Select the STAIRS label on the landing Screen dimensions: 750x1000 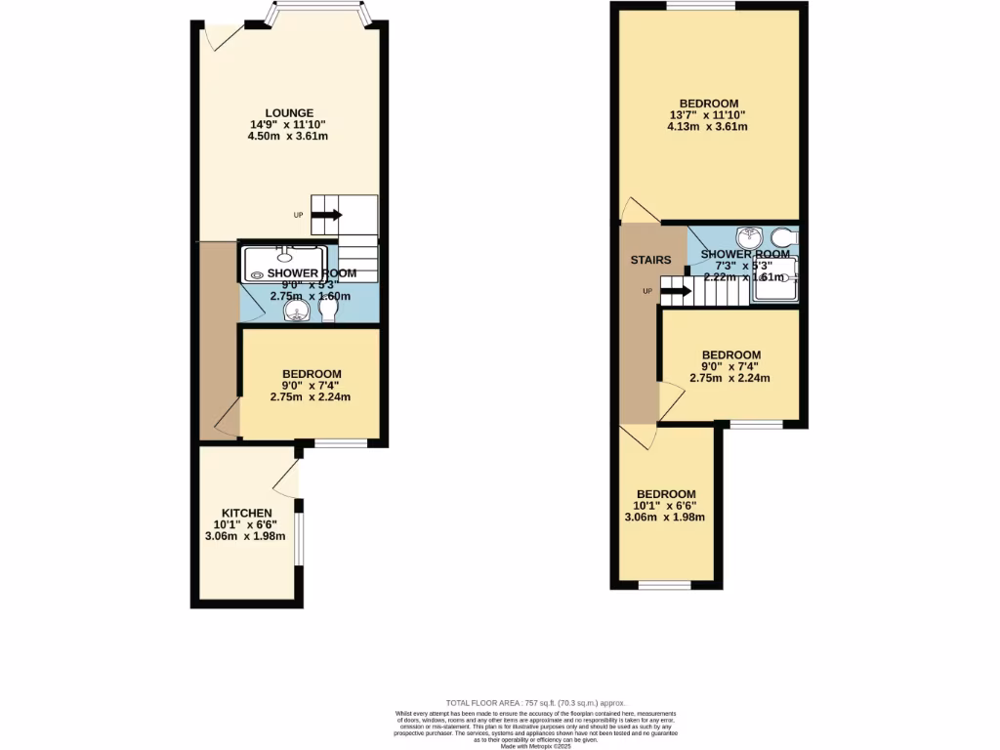[651, 260]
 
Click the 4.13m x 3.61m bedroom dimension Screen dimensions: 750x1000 [708, 127]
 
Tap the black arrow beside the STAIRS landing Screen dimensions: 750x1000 [676, 291]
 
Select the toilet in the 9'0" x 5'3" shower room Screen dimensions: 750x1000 [329, 311]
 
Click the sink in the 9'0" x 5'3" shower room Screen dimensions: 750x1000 [295, 311]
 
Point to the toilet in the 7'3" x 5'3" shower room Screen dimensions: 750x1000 [783, 237]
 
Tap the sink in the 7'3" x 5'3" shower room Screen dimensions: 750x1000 [750, 236]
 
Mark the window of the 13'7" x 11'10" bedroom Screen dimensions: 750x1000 [701, 6]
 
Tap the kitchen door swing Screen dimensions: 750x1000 [286, 478]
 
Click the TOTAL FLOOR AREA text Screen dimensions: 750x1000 [535, 703]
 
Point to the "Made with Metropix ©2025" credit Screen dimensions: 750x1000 [535, 746]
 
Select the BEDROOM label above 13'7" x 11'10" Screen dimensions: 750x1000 [708, 103]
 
